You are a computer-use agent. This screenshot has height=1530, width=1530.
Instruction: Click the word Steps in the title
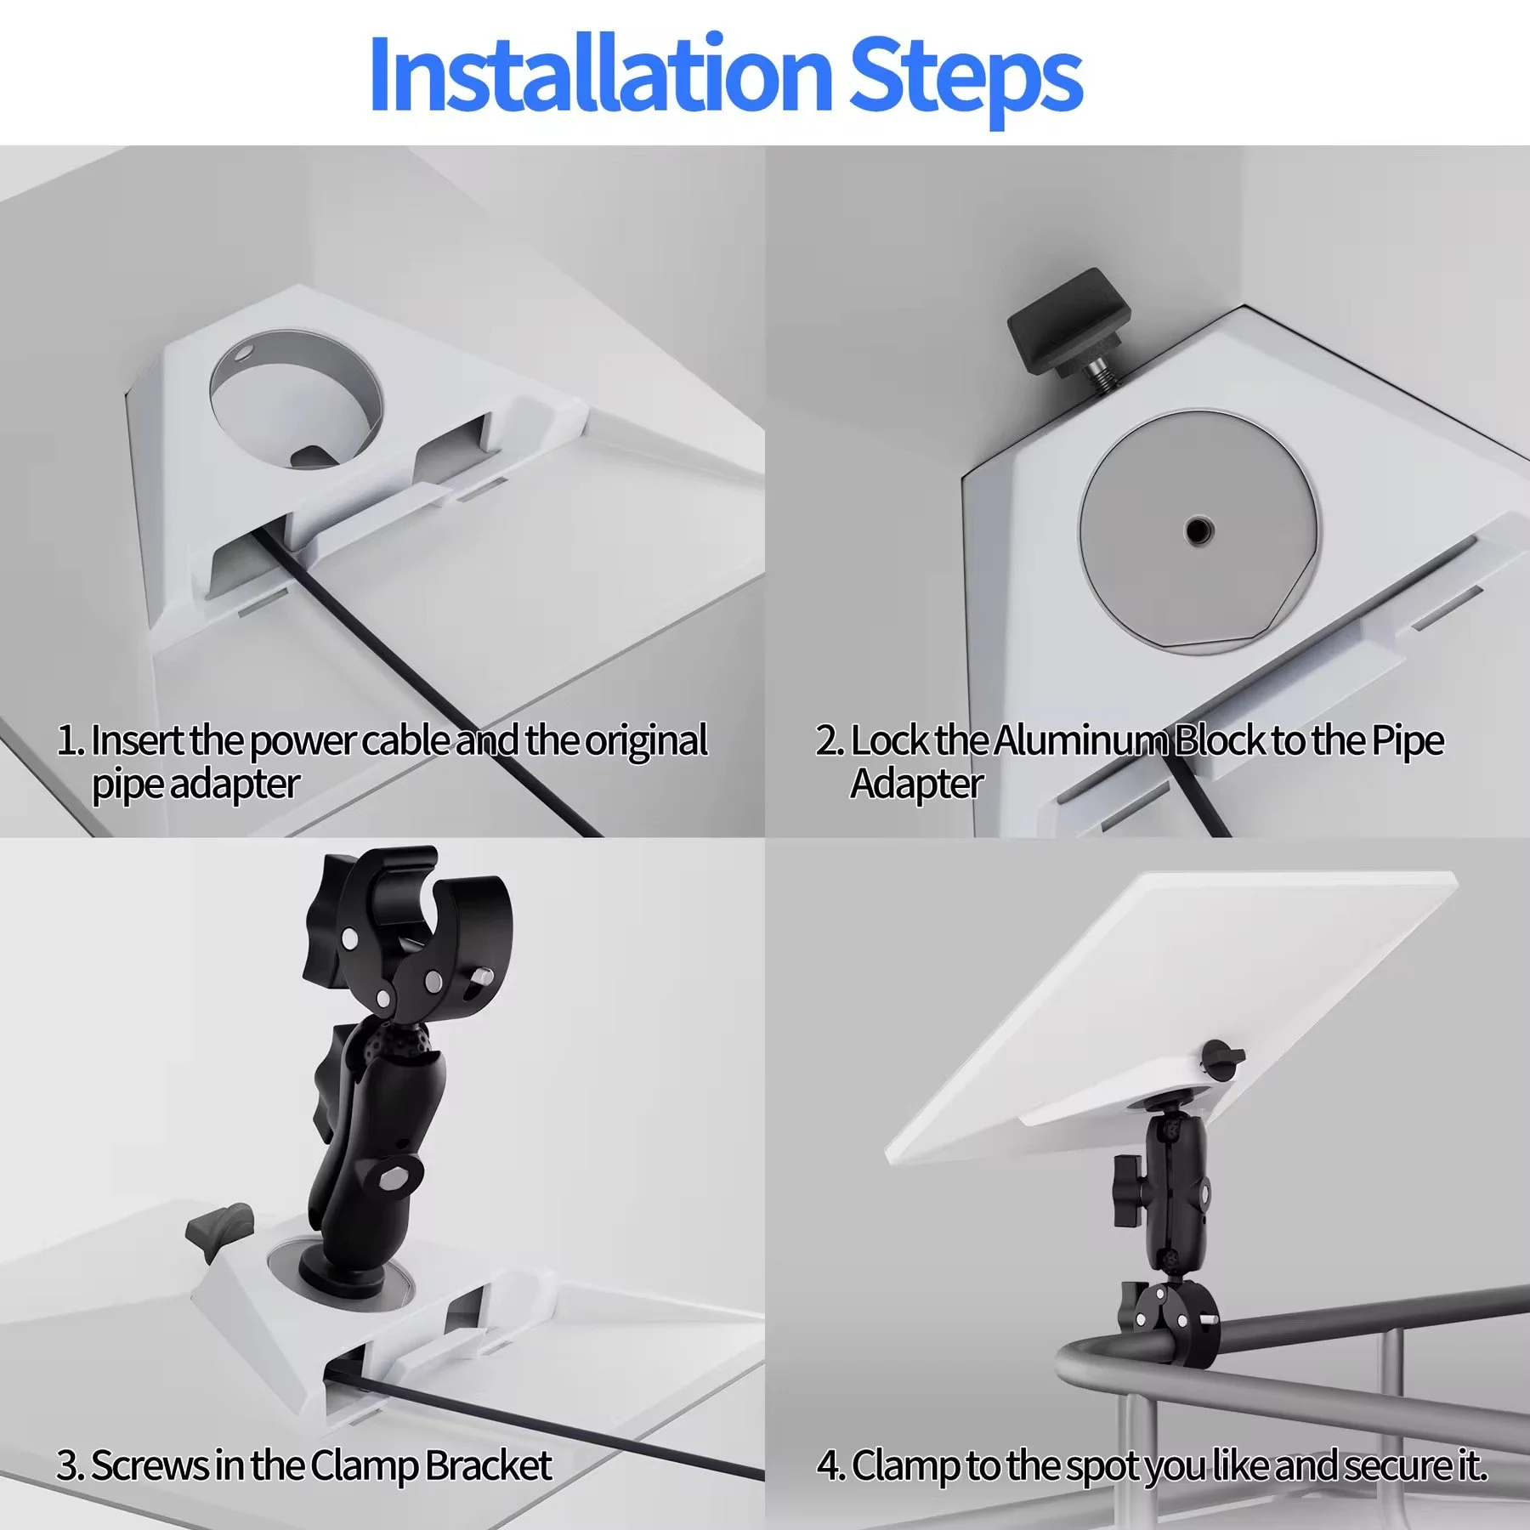(x=965, y=78)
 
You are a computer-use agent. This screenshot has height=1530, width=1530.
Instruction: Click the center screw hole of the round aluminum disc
(x=1199, y=531)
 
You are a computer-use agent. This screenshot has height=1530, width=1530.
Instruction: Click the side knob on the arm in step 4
(x=1127, y=1190)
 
